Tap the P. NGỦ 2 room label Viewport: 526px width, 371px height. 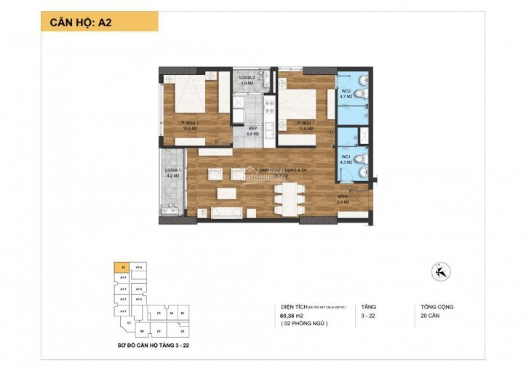point(191,125)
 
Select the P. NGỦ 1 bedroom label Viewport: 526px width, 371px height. point(308,126)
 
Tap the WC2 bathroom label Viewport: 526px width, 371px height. point(347,94)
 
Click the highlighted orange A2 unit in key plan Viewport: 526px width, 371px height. point(124,267)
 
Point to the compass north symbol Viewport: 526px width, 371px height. point(439,272)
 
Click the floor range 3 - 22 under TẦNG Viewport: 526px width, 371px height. point(368,316)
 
